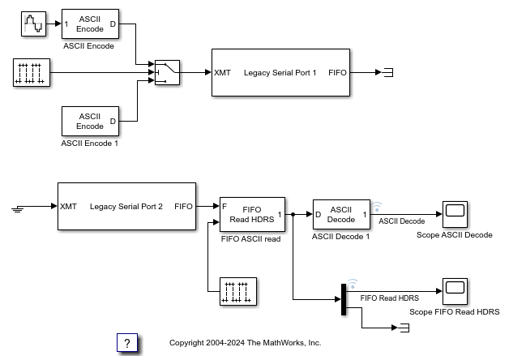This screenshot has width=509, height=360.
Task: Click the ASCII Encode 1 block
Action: tap(89, 121)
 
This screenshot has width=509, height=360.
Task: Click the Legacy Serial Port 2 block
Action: tap(126, 207)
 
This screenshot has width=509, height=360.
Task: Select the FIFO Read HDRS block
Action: tap(252, 214)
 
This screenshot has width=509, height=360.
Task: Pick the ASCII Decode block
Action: tap(341, 214)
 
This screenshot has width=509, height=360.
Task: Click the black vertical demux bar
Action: tap(344, 298)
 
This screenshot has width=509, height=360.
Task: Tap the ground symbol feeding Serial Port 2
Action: tap(19, 208)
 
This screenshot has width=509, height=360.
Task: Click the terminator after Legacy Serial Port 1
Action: tap(388, 73)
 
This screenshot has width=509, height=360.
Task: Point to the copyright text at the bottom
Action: tap(245, 343)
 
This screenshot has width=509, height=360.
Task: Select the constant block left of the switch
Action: tap(32, 73)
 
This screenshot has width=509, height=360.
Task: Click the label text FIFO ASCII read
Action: tap(250, 239)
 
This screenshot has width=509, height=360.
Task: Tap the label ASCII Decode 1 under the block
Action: tap(341, 237)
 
